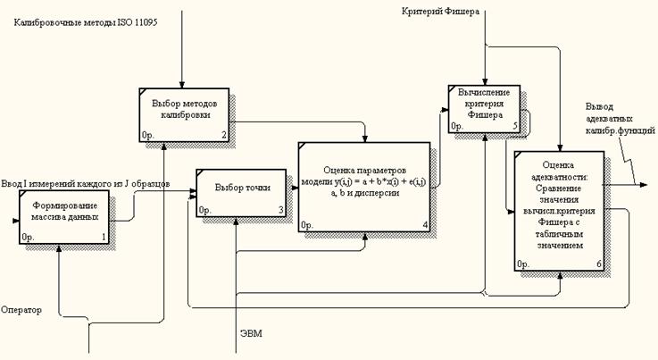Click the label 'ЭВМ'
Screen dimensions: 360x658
[252, 333]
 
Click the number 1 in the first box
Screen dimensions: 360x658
[104, 238]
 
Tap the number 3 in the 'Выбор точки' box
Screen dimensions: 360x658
[280, 211]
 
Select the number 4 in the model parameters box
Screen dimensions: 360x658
[426, 224]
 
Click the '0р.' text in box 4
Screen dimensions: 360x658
[307, 224]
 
